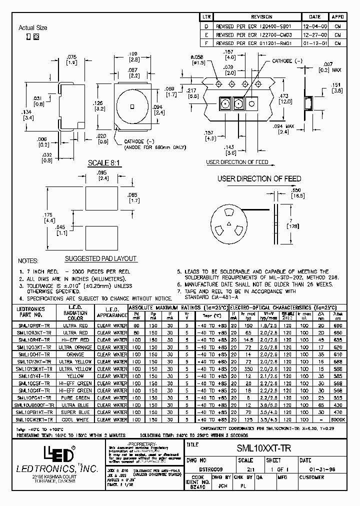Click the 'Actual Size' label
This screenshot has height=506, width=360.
click(33, 28)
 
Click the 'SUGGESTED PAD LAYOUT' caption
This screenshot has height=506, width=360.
click(101, 258)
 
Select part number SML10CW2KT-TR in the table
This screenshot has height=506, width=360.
click(34, 420)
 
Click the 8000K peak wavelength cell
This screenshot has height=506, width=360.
click(338, 420)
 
